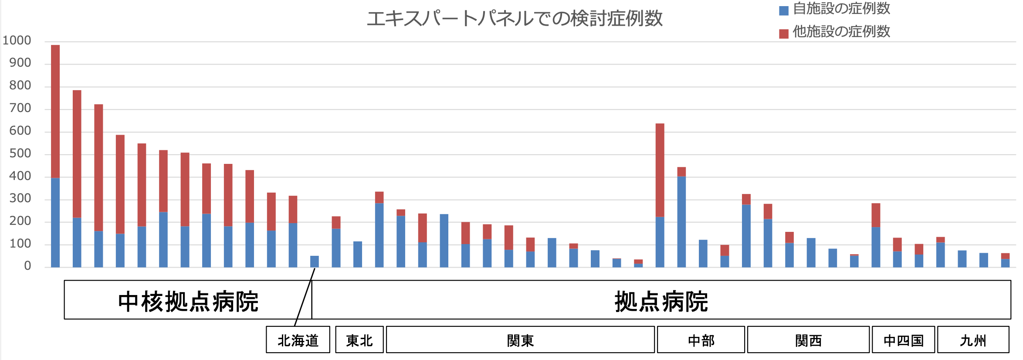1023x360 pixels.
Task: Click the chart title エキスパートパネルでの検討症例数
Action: [x=515, y=19]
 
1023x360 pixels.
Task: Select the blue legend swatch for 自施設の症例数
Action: [x=783, y=10]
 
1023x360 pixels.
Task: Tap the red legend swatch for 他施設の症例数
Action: [x=783, y=34]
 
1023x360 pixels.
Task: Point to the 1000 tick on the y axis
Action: [x=17, y=41]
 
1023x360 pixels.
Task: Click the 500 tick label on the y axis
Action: [x=20, y=153]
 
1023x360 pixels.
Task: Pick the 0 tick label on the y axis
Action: [x=27, y=266]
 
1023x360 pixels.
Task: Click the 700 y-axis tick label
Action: [x=20, y=108]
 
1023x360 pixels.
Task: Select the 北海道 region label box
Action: [x=298, y=340]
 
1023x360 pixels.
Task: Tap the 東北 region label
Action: [x=359, y=340]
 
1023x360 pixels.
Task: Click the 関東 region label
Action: [x=520, y=340]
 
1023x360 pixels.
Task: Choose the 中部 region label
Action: [x=701, y=340]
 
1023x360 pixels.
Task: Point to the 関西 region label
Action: [x=808, y=340]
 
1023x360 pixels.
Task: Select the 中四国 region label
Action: [x=903, y=340]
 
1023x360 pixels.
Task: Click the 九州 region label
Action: [x=973, y=340]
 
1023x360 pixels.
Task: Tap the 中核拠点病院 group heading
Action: [x=188, y=301]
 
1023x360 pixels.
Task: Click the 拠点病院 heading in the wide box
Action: [x=661, y=301]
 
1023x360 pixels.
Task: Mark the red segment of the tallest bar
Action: [x=55, y=111]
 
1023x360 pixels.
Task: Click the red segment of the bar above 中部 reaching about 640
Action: [x=660, y=170]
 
